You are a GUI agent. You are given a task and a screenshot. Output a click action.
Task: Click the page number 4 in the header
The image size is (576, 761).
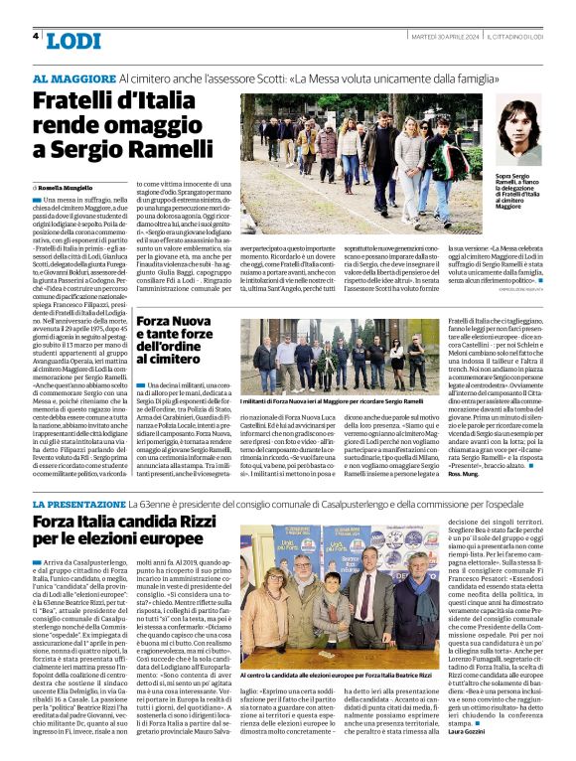pos(36,36)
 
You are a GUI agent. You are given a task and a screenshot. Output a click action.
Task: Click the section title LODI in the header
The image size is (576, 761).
pos(73,41)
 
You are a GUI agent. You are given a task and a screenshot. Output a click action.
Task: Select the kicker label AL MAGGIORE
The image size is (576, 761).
pos(73,77)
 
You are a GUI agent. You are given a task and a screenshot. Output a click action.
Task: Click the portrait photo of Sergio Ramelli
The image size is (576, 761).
pos(517,129)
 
